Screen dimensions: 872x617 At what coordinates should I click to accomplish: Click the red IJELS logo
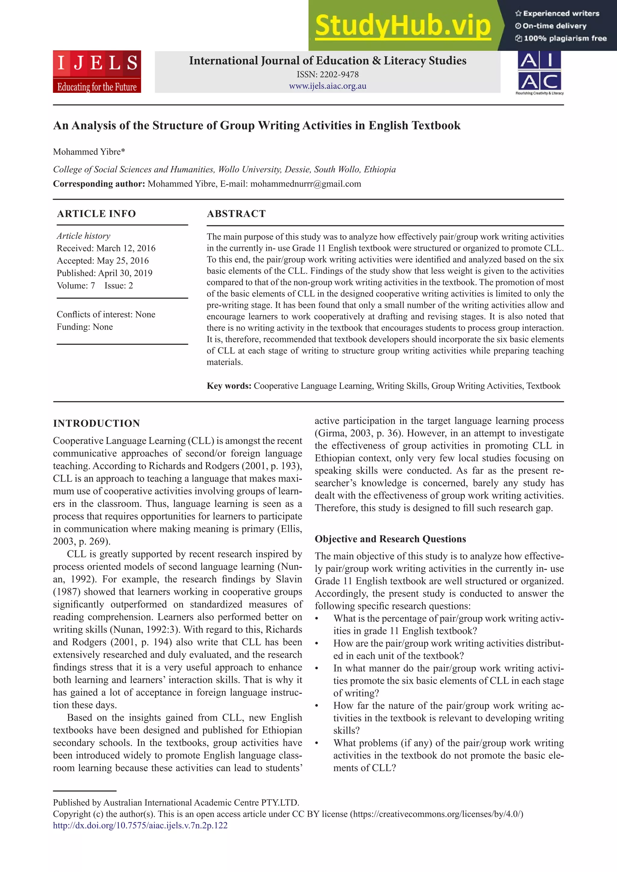point(97,71)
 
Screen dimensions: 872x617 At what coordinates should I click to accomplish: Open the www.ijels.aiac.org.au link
point(327,86)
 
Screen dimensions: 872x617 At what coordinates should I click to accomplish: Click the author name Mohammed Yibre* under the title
point(89,152)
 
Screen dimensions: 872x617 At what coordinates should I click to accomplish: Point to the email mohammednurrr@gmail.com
point(305,184)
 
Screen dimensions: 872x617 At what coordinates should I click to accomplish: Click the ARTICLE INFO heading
point(96,214)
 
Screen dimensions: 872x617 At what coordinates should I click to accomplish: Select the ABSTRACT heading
point(236,214)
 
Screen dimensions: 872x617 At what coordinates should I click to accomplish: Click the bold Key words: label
point(229,386)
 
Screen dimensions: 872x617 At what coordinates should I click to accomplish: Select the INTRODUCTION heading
point(96,423)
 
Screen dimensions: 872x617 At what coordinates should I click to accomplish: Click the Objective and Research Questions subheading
point(390,539)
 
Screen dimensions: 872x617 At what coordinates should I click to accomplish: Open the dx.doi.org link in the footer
point(140,825)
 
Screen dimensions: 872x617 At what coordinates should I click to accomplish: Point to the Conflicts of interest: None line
point(106,314)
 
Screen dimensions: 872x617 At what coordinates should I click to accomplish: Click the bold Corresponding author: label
point(99,184)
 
